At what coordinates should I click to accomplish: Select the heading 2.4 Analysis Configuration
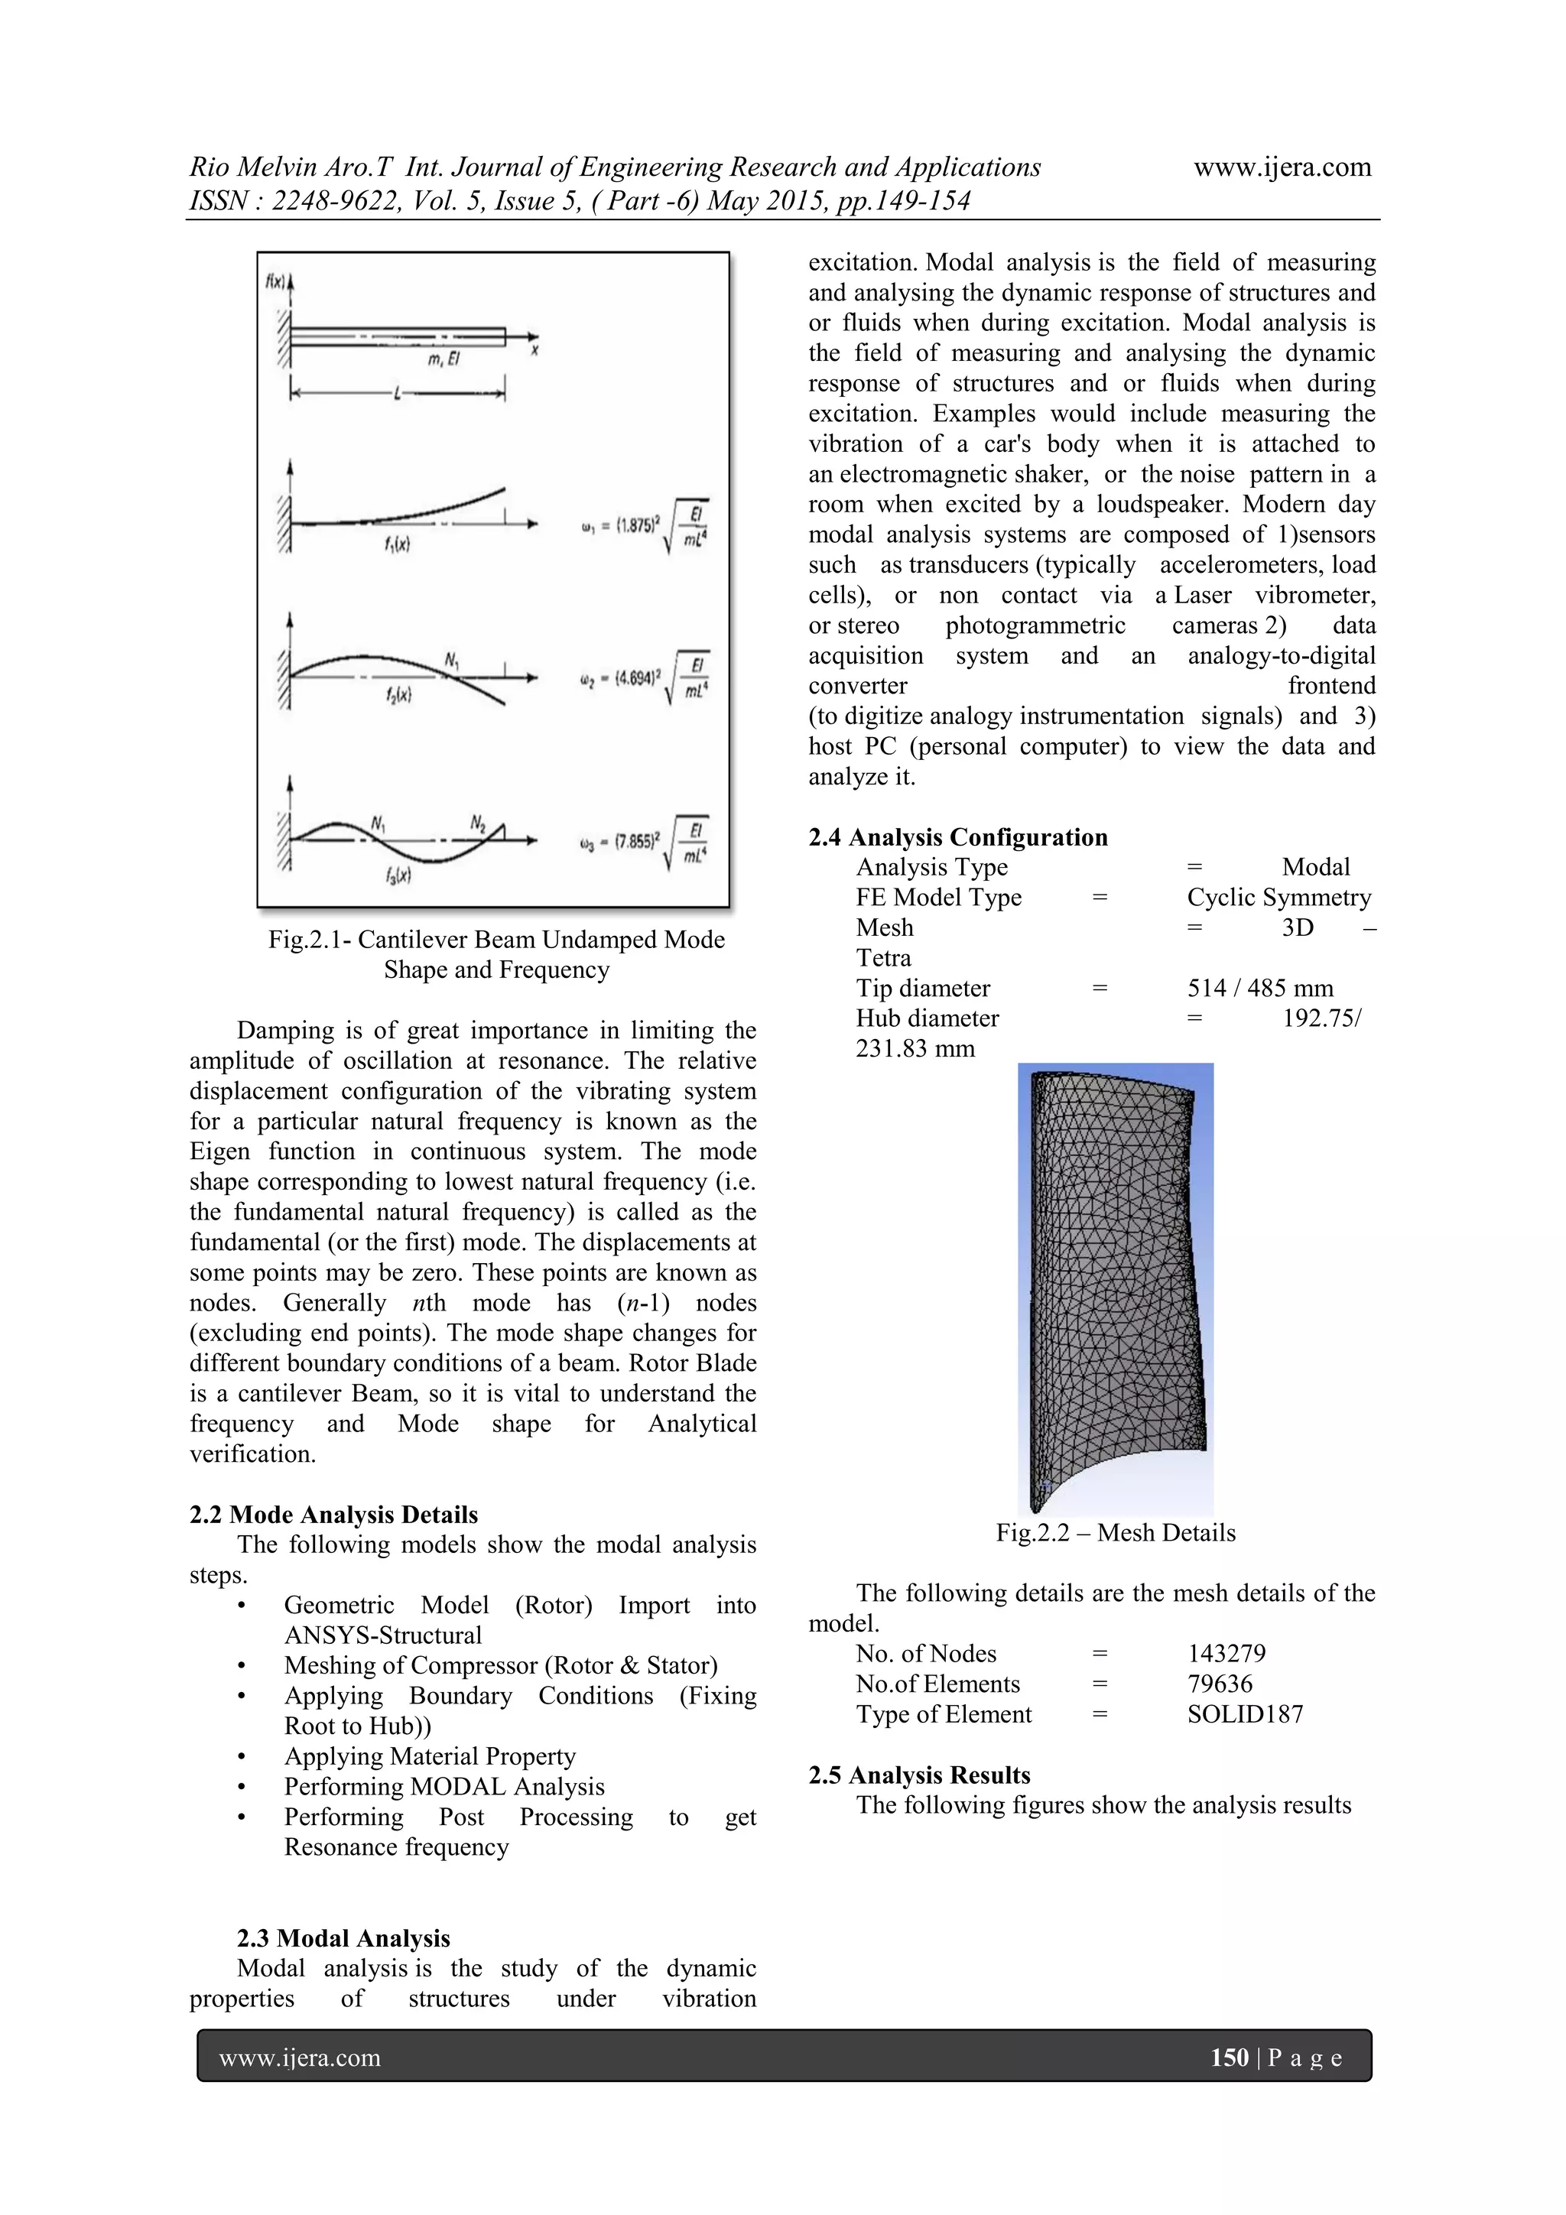point(957,836)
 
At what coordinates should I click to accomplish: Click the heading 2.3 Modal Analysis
point(343,1938)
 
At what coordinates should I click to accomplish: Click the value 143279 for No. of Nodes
point(1226,1654)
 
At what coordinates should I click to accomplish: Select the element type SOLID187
point(1245,1714)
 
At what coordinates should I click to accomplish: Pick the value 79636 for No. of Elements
point(1220,1684)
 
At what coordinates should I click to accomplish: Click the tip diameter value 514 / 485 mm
point(1259,988)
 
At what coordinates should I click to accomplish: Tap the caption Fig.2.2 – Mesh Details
point(1116,1533)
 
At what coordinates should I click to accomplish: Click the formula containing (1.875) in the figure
point(645,527)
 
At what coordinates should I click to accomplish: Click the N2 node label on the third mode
point(478,822)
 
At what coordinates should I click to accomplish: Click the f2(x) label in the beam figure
point(398,694)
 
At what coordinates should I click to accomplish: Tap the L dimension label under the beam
point(397,393)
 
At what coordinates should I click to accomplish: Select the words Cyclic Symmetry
point(1278,897)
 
